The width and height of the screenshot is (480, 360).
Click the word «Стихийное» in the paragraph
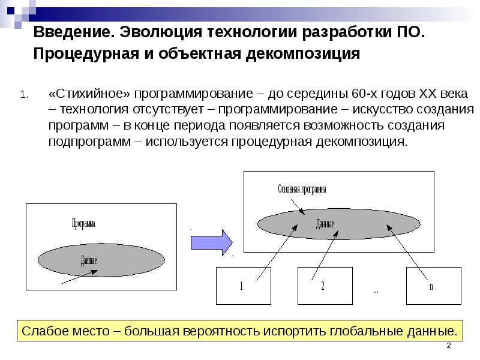pos(88,95)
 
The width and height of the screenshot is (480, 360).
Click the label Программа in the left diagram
pos(83,223)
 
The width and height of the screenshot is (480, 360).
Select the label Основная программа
pos(302,189)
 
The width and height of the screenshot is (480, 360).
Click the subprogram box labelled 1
pos(241,286)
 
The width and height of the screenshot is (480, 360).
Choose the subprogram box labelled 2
pos(323,286)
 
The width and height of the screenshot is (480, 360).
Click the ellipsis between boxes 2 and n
pos(376,292)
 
